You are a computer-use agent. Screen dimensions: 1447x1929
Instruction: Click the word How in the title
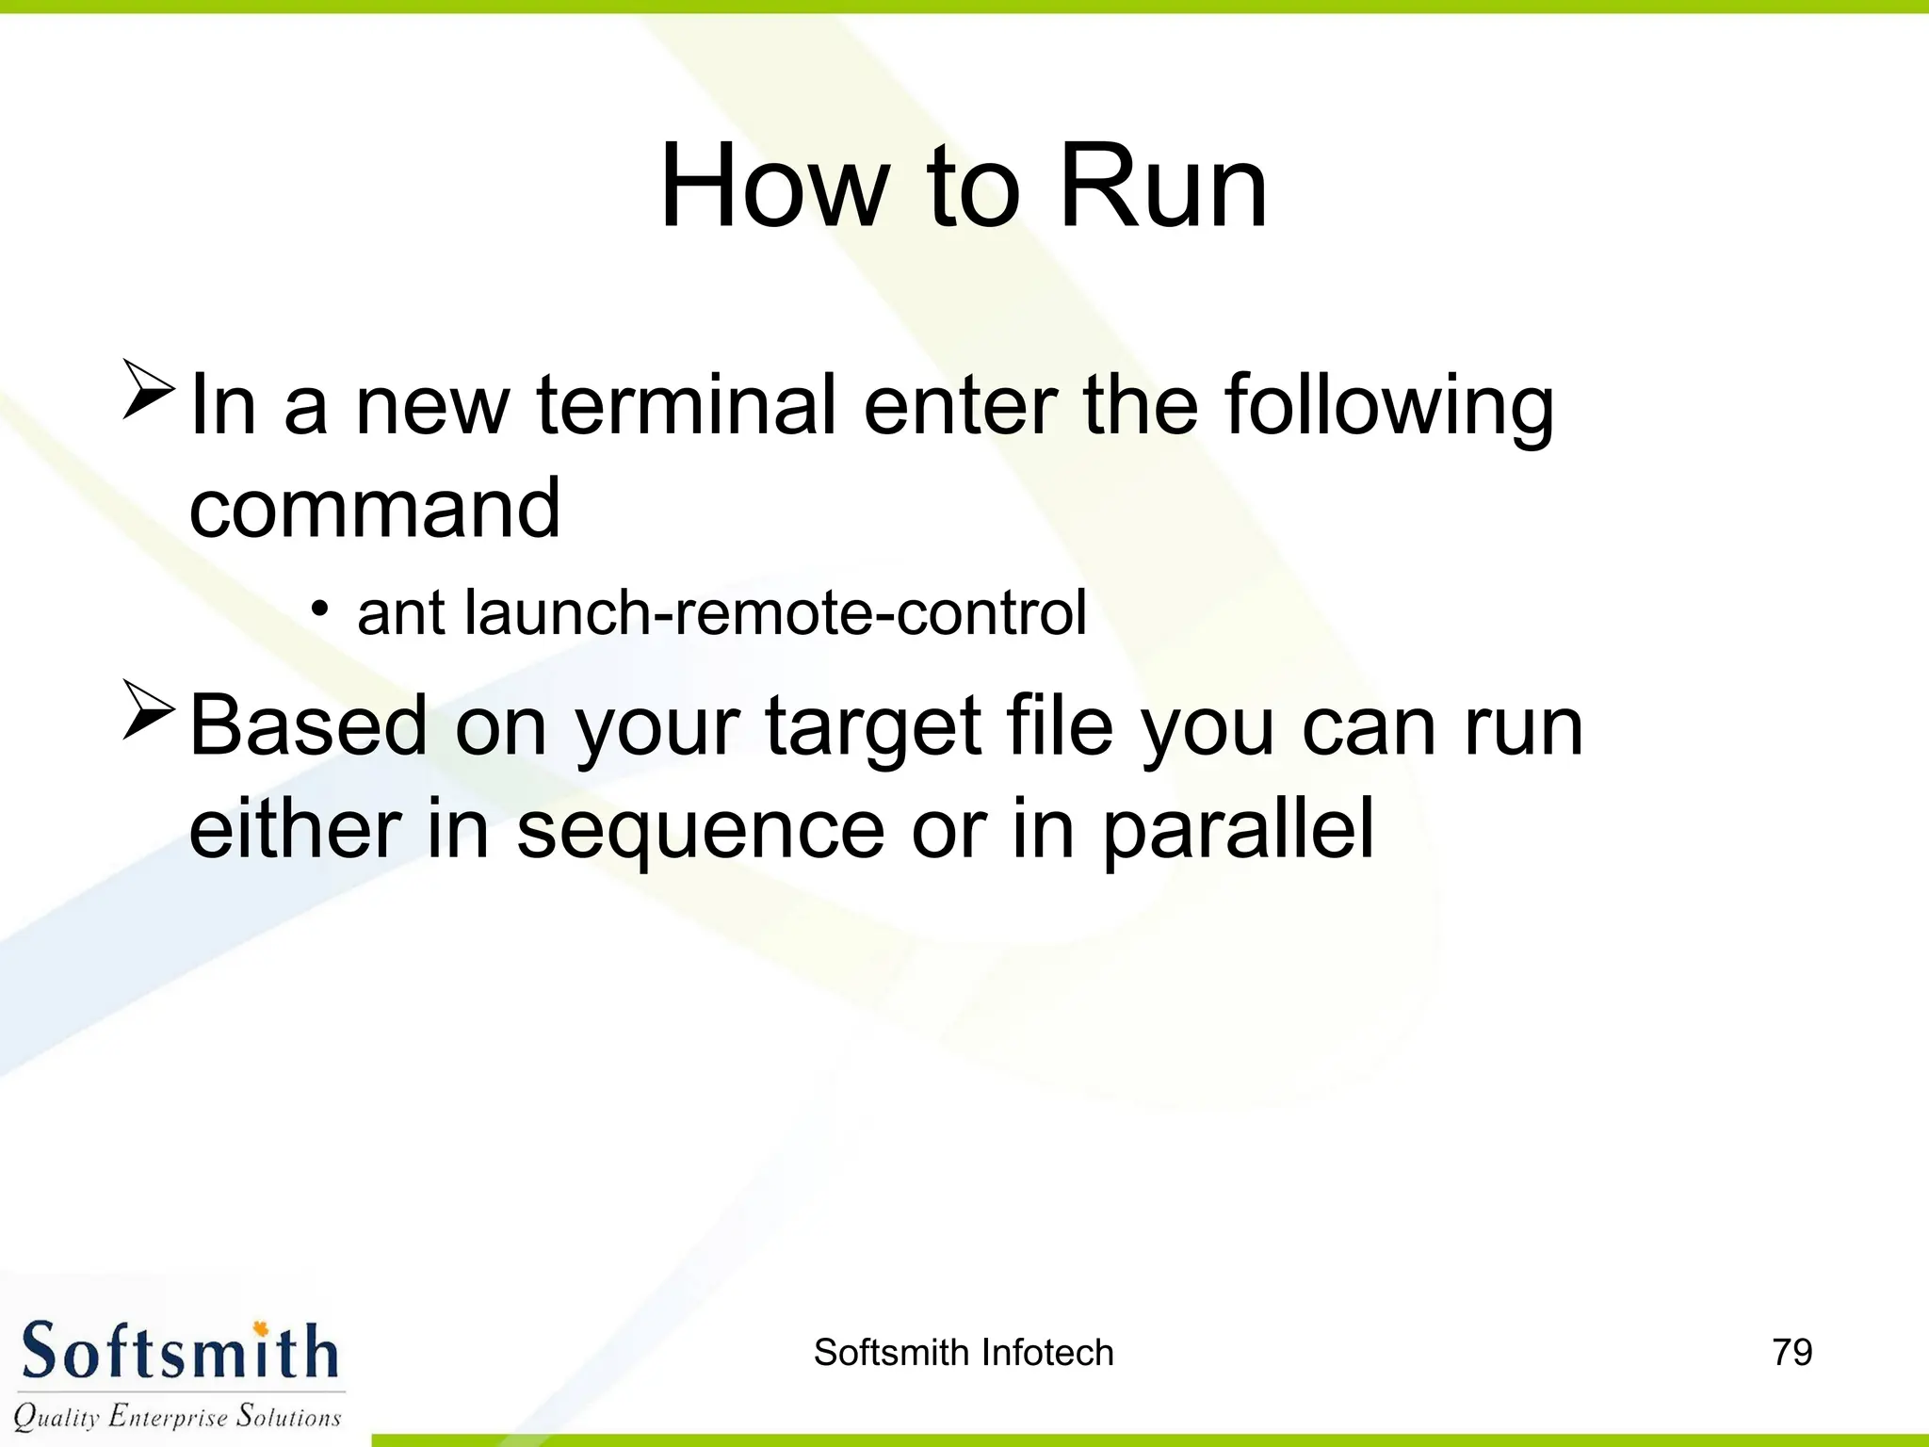coord(774,187)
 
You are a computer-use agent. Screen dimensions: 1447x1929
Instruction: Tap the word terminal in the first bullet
coord(686,405)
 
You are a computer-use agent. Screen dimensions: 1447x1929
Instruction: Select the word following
coord(1388,407)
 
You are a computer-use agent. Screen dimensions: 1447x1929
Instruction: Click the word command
coord(375,509)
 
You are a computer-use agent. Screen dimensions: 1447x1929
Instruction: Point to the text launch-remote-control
coord(775,613)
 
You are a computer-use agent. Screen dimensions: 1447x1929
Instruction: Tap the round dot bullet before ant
coord(321,609)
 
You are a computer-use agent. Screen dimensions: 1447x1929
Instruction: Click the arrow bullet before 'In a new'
coord(149,388)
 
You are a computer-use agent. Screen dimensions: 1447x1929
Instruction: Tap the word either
coord(295,829)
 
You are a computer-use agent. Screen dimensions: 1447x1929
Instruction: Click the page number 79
coord(1791,1352)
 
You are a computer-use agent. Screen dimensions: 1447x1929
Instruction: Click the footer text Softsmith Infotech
coord(963,1353)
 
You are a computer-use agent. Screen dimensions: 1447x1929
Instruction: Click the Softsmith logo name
coord(179,1352)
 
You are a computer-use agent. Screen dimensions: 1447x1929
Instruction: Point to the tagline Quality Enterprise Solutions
coord(177,1416)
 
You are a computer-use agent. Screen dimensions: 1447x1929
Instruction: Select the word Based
coord(309,726)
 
